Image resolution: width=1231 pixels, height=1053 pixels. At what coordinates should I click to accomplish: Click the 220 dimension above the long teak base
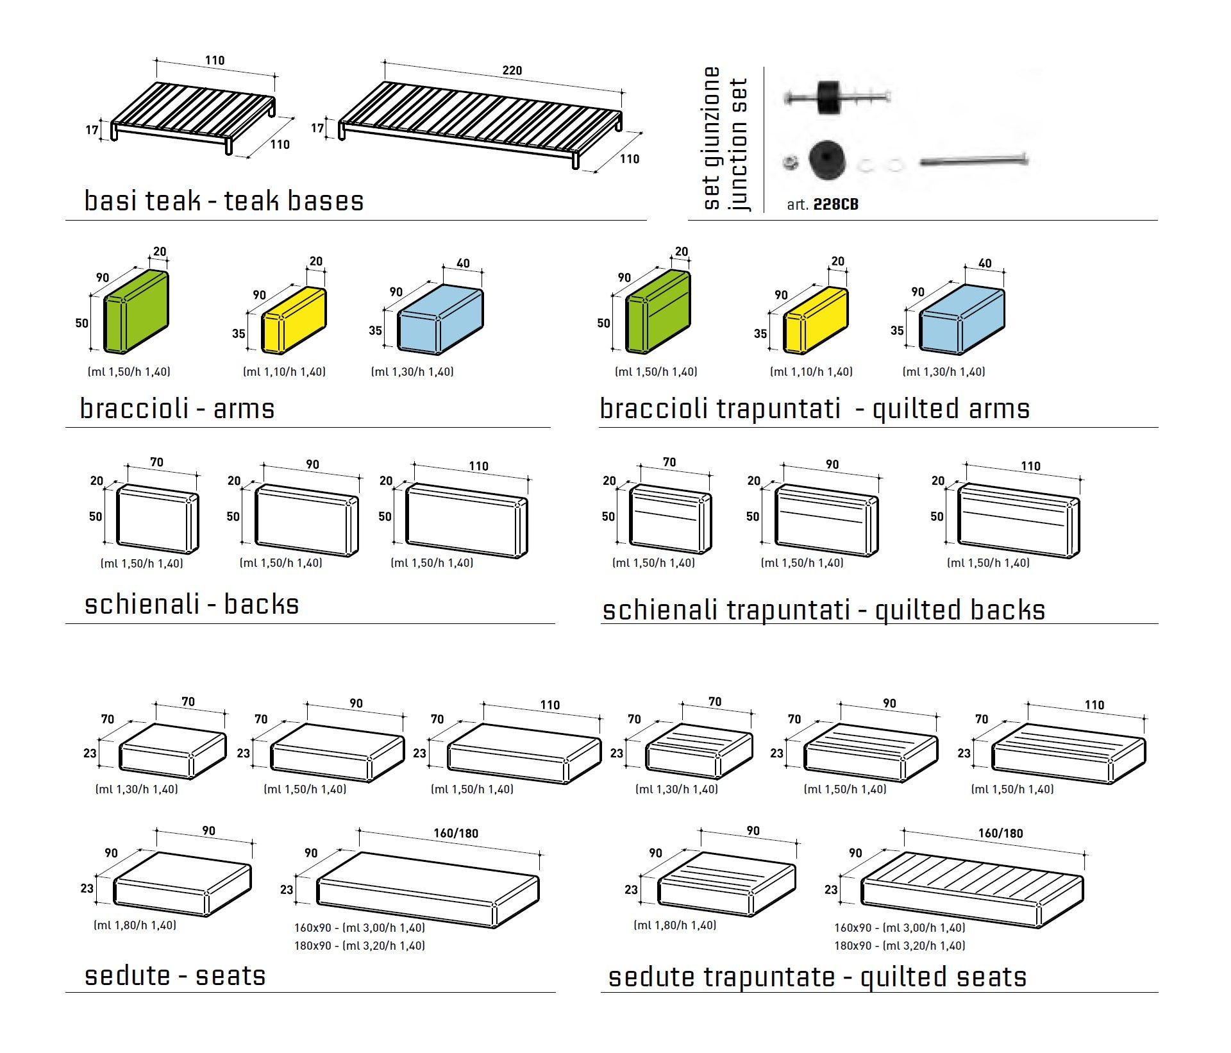(x=512, y=71)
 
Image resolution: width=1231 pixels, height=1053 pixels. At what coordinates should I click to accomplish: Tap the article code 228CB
(x=835, y=205)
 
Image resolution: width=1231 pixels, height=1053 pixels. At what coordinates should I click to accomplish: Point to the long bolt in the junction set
(x=973, y=161)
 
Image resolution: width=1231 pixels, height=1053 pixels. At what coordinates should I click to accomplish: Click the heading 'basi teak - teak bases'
(x=224, y=201)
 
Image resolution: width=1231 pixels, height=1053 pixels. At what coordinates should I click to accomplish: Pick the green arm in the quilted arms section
(x=658, y=312)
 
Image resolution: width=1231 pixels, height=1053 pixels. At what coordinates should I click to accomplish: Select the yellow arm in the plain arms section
(x=294, y=320)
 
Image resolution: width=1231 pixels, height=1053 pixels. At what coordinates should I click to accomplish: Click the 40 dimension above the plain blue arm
(x=463, y=264)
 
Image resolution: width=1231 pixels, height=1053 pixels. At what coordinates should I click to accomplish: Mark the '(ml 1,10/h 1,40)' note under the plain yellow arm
(x=284, y=372)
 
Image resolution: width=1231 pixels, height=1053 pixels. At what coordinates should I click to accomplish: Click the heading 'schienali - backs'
(x=192, y=605)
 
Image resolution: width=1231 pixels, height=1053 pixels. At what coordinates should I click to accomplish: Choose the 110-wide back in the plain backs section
(x=467, y=521)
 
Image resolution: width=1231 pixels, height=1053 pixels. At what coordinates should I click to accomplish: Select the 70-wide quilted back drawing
(x=670, y=518)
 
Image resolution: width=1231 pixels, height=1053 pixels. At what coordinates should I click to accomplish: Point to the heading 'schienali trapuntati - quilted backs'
(x=823, y=611)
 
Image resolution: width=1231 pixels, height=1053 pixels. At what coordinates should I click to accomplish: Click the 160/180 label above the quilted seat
(x=1000, y=834)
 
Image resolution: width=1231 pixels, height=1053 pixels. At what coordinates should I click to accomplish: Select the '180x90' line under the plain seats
(x=359, y=946)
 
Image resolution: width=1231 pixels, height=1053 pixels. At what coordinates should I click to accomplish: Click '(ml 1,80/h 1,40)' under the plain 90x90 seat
(x=135, y=925)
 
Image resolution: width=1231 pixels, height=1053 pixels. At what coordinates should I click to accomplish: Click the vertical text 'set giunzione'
(x=712, y=138)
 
